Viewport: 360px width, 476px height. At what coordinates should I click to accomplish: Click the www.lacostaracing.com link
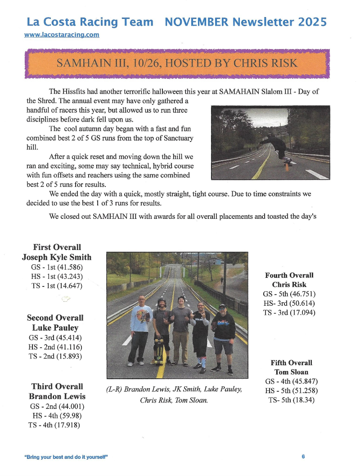[62, 35]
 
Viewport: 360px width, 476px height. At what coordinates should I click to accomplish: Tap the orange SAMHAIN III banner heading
[177, 63]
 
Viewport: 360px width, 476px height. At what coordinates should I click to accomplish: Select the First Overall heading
[57, 247]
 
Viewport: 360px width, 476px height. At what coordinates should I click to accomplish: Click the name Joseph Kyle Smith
[57, 257]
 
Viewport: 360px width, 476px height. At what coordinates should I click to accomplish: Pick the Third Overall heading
[57, 386]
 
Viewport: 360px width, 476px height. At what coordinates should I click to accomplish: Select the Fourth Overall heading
[289, 275]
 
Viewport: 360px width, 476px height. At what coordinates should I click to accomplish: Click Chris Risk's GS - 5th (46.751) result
[289, 294]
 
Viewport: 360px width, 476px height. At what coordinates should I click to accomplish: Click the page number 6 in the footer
[303, 457]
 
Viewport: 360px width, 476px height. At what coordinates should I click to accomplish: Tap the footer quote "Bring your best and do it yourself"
[66, 457]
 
